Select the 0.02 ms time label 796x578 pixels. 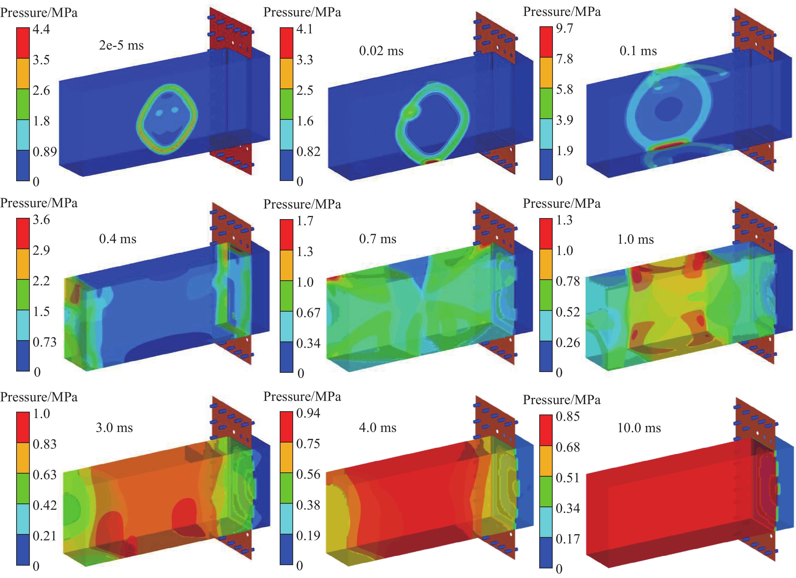click(x=381, y=51)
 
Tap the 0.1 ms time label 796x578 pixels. click(x=638, y=51)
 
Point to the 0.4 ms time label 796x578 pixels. click(x=118, y=239)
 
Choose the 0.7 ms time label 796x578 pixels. click(x=378, y=239)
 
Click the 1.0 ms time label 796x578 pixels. click(x=636, y=239)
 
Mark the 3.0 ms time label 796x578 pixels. click(x=114, y=428)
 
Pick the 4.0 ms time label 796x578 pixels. click(x=378, y=428)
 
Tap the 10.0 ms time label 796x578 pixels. click(x=639, y=428)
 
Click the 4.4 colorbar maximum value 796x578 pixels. click(x=41, y=29)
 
